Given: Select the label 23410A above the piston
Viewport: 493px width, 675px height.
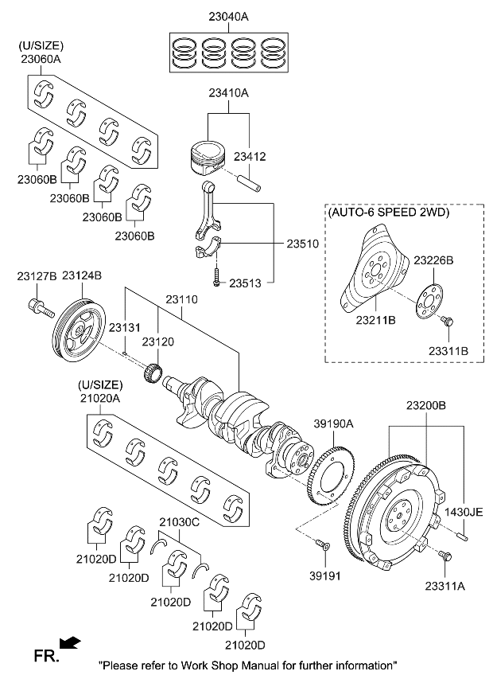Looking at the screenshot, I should pyautogui.click(x=228, y=93).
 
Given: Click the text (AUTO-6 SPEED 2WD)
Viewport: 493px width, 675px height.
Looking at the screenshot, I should pyautogui.click(x=388, y=213).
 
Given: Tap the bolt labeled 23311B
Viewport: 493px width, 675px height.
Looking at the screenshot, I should pyautogui.click(x=448, y=322).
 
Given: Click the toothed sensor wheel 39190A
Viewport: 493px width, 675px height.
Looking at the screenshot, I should pyautogui.click(x=327, y=478).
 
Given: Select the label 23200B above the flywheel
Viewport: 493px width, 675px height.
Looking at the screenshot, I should pyautogui.click(x=426, y=405).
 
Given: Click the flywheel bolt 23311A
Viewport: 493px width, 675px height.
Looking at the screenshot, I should pyautogui.click(x=444, y=556).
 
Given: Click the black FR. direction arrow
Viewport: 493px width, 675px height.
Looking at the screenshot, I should pyautogui.click(x=70, y=642).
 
